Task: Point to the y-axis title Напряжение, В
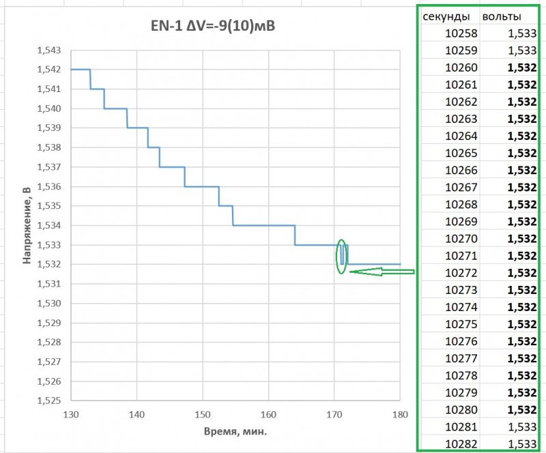[28, 225]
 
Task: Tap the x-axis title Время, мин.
[235, 432]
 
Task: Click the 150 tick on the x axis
[202, 414]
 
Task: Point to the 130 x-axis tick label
[71, 414]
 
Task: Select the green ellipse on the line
[343, 255]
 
